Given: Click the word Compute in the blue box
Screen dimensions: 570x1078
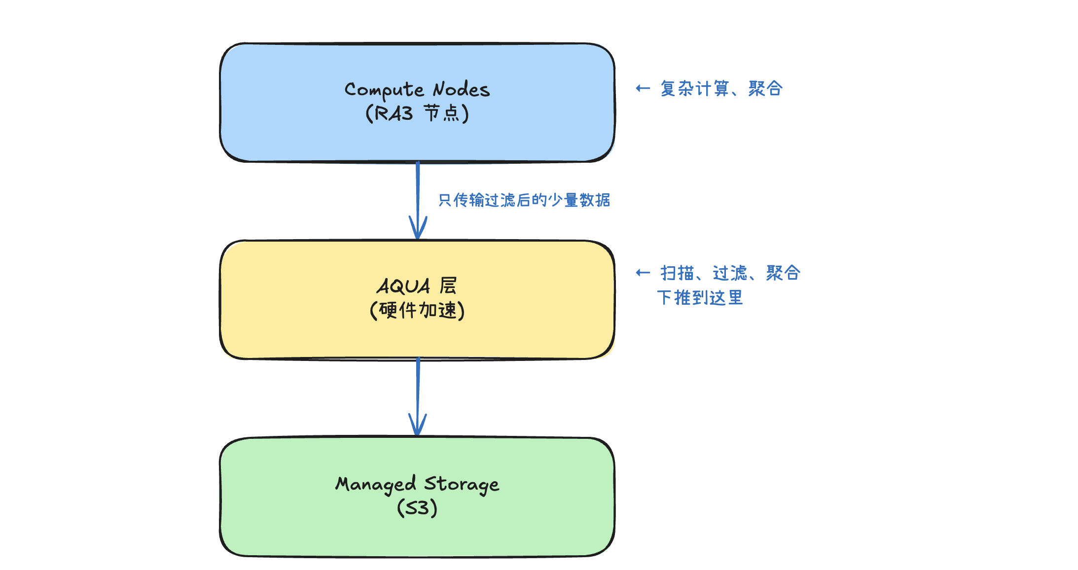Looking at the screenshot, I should (x=384, y=90).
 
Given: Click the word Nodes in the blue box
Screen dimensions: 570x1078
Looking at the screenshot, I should (x=461, y=90).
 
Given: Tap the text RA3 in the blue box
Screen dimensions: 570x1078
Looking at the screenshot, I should (x=394, y=113).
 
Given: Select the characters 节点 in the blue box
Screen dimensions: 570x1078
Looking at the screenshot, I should (x=441, y=113).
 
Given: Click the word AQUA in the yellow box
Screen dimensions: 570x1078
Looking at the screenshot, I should (x=403, y=286).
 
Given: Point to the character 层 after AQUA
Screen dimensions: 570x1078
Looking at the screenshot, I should (x=448, y=285).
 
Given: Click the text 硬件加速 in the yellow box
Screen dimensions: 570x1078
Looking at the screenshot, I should (x=417, y=311).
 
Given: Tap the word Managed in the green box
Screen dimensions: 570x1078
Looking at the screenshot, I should (x=376, y=484).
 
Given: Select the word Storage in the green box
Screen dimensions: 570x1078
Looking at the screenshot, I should (x=462, y=484).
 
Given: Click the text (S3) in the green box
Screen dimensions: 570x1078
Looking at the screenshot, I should (x=417, y=508).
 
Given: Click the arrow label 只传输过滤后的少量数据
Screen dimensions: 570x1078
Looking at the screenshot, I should (x=524, y=200).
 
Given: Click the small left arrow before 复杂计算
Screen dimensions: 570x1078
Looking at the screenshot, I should (x=643, y=88).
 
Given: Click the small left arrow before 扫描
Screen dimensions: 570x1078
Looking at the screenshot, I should (x=643, y=273).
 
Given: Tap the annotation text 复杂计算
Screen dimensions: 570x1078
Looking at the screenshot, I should (x=694, y=89).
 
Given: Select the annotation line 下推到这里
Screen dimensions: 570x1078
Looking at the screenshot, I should (x=700, y=298).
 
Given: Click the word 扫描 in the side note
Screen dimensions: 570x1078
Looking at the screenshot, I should (x=677, y=273).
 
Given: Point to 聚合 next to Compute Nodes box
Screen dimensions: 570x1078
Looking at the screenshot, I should (x=765, y=89).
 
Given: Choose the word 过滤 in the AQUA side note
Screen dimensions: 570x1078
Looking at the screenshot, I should (x=730, y=273).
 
